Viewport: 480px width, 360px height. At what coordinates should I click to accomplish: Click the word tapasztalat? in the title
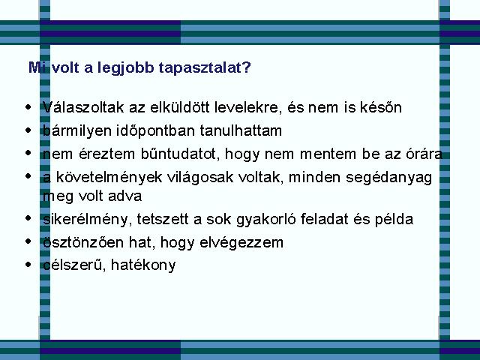(x=205, y=68)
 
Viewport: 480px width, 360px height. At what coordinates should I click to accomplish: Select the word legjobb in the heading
(x=125, y=68)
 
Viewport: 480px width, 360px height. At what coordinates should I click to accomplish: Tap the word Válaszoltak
(x=83, y=107)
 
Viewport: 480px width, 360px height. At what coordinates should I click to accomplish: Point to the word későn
(x=381, y=107)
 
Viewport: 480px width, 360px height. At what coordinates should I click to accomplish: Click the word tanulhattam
(x=241, y=130)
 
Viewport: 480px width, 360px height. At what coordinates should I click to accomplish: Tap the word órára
(x=424, y=154)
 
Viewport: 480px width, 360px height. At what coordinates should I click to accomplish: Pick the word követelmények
(x=109, y=178)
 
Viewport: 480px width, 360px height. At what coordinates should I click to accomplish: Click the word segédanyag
(x=388, y=178)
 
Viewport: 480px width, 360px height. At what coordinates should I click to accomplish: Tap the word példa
(x=394, y=220)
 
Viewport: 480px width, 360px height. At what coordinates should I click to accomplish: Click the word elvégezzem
(x=241, y=243)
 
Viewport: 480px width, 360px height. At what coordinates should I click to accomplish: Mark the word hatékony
(x=143, y=265)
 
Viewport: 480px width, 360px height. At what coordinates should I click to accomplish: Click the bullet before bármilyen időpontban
(x=28, y=130)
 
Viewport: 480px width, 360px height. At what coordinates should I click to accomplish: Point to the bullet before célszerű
(x=28, y=264)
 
